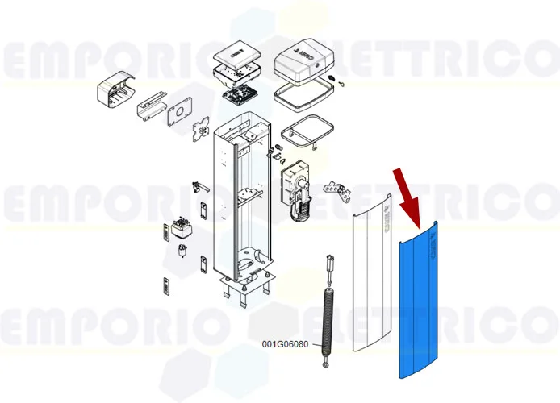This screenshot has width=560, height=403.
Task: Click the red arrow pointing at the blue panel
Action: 407,198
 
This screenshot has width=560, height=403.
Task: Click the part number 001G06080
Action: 286,344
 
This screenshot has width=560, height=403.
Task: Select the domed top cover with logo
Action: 304,64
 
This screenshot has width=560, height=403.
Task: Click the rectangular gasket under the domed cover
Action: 303,96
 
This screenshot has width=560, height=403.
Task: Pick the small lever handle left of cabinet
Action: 196,187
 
